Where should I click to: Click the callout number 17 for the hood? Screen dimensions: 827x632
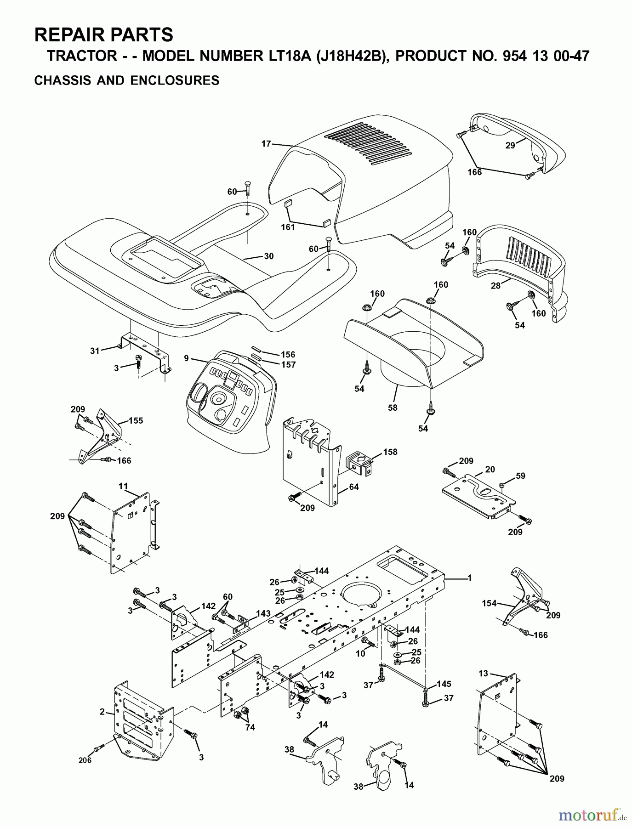pyautogui.click(x=266, y=144)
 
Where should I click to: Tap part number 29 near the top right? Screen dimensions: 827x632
pyautogui.click(x=510, y=145)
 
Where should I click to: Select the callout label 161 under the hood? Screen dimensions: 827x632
pyautogui.click(x=288, y=227)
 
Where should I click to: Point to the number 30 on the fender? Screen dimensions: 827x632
pyautogui.click(x=268, y=256)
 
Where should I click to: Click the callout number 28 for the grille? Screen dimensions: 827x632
pyautogui.click(x=495, y=286)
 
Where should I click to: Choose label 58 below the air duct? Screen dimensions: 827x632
pyautogui.click(x=393, y=408)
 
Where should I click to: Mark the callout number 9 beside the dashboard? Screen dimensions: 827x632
pyautogui.click(x=186, y=358)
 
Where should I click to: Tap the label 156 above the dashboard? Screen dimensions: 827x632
pyautogui.click(x=288, y=354)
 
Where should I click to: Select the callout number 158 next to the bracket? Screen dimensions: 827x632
pyautogui.click(x=390, y=452)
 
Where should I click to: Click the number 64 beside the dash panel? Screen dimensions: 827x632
pyautogui.click(x=353, y=487)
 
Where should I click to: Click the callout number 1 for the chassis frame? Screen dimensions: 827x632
pyautogui.click(x=469, y=578)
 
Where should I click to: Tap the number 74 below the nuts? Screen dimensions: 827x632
pyautogui.click(x=250, y=728)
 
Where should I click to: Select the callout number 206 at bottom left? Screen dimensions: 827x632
pyautogui.click(x=85, y=760)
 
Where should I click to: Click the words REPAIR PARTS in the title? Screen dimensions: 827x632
pyautogui.click(x=104, y=34)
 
